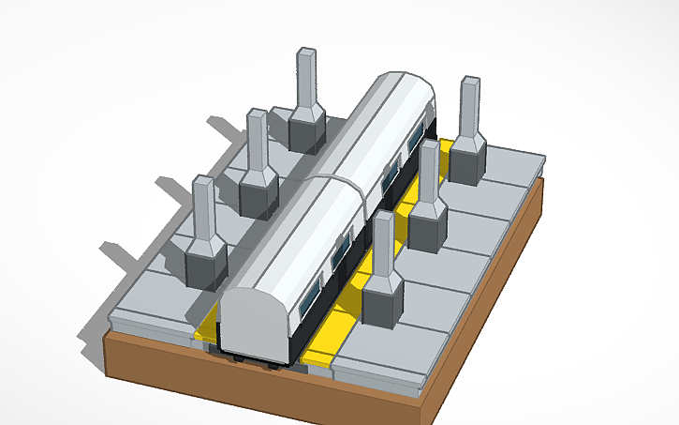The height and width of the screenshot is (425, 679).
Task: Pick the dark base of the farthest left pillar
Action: point(306,129)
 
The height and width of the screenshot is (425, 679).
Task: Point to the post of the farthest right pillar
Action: point(469,107)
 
